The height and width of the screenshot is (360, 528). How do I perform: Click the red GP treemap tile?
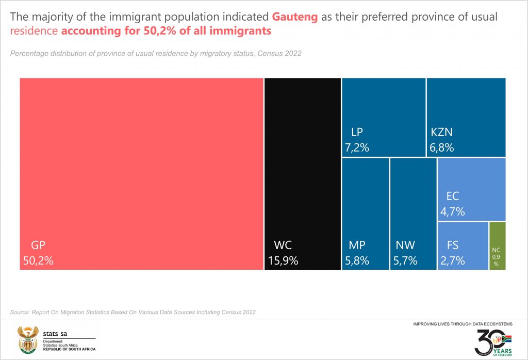141,174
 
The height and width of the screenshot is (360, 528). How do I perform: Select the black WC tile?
303,174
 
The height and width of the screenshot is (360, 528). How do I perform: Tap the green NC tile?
497,246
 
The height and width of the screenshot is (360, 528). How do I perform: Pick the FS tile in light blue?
463,246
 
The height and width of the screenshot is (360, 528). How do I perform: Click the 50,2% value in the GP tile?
38,261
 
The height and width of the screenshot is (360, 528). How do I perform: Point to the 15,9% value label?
283,261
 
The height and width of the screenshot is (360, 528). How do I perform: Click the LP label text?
358,132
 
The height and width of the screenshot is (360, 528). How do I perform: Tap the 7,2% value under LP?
357,148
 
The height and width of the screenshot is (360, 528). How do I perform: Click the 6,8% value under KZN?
441,148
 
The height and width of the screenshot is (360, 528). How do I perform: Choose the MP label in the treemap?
357,245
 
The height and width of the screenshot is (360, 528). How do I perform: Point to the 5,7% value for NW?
405,261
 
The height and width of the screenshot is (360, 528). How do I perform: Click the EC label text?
452,196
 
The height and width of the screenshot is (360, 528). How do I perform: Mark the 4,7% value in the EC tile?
453,211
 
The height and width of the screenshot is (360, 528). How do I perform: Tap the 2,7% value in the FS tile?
453,261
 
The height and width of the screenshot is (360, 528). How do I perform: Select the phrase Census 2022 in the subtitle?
283,54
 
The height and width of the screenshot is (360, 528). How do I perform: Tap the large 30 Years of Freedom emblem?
492,342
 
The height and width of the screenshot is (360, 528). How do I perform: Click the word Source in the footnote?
20,312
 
